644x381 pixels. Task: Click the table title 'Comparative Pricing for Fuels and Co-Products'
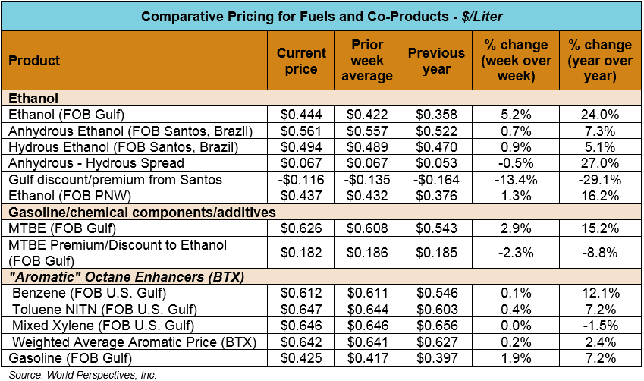[x=322, y=15]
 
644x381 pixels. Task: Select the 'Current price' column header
[x=301, y=61]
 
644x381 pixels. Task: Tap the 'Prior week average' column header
[x=366, y=61]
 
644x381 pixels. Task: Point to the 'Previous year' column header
[x=436, y=61]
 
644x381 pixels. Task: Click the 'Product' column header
[x=35, y=61]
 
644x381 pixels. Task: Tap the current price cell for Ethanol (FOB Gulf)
[x=301, y=115]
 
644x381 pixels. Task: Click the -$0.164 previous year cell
[x=436, y=179]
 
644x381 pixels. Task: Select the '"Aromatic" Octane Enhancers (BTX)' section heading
[x=126, y=277]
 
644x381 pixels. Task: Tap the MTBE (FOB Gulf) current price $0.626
[x=301, y=228]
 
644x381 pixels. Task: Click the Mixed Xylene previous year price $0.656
[x=436, y=326]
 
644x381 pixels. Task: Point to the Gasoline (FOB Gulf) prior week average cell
[x=366, y=357]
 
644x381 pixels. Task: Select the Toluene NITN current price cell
[x=301, y=310]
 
